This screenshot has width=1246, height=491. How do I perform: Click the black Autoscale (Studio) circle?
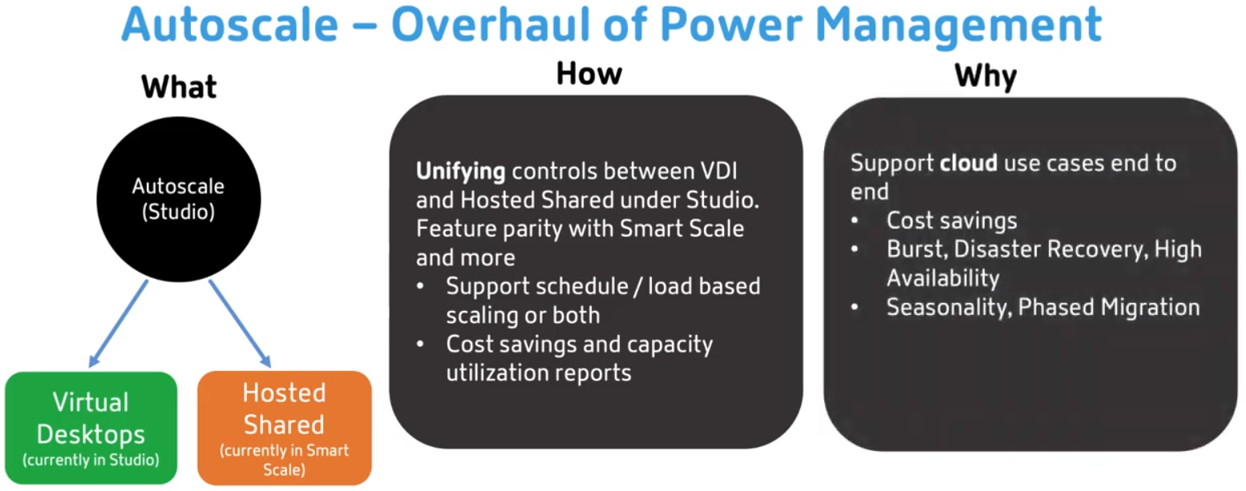pos(179,199)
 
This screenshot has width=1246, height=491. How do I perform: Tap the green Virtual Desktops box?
pos(91,428)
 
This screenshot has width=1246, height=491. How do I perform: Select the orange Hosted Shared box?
pos(285,428)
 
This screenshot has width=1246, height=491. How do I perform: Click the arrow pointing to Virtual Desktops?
pos(119,324)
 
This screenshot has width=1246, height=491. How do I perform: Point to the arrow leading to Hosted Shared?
pos(240,324)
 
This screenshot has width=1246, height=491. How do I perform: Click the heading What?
pos(179,87)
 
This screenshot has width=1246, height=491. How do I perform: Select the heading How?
pos(589,74)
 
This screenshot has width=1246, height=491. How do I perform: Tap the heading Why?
pos(985,77)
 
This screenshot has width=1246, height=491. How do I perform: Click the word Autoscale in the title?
pos(230,25)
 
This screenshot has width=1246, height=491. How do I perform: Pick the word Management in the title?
pos(958,26)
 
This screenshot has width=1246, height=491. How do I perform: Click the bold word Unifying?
pos(460,171)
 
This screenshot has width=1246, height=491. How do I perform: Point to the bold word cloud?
pos(969,163)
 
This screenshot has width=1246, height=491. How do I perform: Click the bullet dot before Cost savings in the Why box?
pos(855,221)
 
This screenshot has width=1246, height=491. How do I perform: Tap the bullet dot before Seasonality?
pos(855,307)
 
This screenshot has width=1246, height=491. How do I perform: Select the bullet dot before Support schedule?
pos(420,287)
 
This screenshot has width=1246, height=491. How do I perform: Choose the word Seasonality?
pos(949,308)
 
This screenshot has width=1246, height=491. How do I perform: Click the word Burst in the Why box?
pos(916,250)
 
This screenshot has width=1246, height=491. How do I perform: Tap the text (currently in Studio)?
pos(91,460)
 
